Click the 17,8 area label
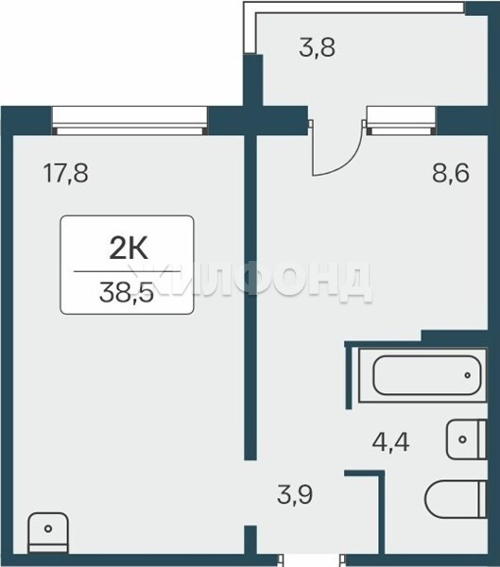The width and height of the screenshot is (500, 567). tap(65, 173)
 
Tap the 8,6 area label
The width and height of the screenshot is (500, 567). tap(451, 173)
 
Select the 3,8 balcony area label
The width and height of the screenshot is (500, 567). tap(318, 47)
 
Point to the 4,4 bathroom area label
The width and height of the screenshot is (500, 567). tap(390, 442)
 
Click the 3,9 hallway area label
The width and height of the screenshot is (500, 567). tap(295, 494)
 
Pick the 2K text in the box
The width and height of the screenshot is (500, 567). tap(129, 249)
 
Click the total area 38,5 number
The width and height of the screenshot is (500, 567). tap(127, 292)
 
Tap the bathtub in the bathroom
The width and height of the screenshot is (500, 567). tap(422, 375)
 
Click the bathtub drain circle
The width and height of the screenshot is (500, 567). tap(468, 375)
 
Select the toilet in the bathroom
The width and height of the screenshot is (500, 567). tap(456, 499)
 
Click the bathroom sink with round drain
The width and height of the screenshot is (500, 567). tap(467, 439)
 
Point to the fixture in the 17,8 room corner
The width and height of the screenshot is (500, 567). tap(48, 533)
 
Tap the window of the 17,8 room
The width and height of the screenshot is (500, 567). tap(129, 121)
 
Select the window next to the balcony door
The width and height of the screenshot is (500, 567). tap(402, 121)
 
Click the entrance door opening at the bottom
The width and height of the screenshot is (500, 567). tap(311, 560)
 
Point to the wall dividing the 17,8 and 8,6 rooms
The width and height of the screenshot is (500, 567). tap(250, 298)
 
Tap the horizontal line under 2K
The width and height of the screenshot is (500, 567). tap(127, 271)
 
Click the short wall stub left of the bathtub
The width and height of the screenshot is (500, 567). tap(349, 377)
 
